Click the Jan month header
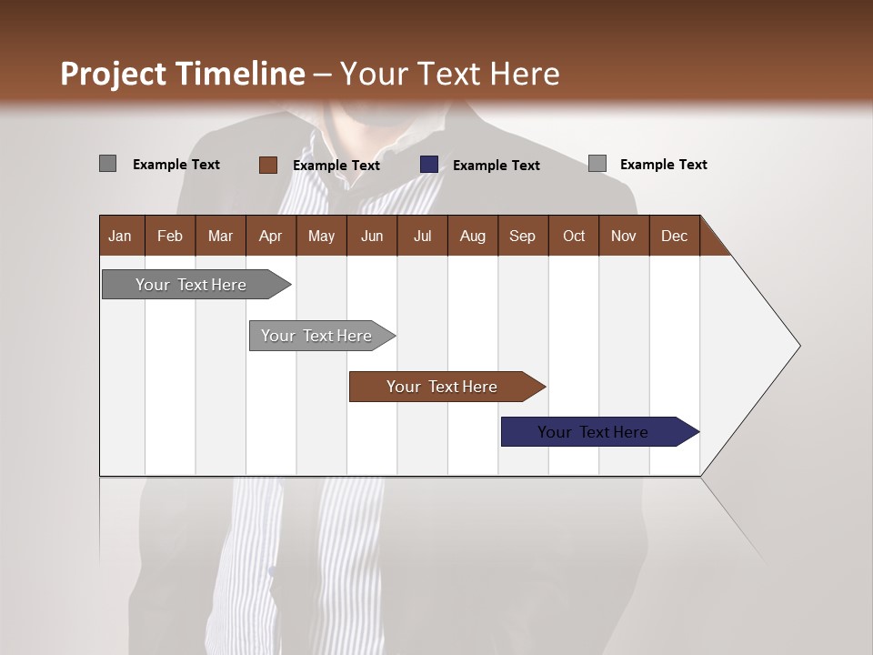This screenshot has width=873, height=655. pyautogui.click(x=120, y=236)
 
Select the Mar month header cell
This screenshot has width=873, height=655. pyautogui.click(x=220, y=236)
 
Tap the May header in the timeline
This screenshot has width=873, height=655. pyautogui.click(x=321, y=236)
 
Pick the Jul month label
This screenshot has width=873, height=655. pyautogui.click(x=422, y=236)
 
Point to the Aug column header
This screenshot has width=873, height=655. pyautogui.click(x=472, y=236)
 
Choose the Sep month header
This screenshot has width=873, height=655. pyautogui.click(x=522, y=236)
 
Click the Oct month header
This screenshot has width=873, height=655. pyautogui.click(x=574, y=236)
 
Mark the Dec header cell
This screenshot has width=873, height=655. pyautogui.click(x=674, y=236)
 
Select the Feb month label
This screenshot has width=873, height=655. pyautogui.click(x=170, y=236)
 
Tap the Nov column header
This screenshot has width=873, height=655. pyautogui.click(x=623, y=236)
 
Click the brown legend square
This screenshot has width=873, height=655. pyautogui.click(x=267, y=165)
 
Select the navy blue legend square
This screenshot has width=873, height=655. pyautogui.click(x=429, y=164)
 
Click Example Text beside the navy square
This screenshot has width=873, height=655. pyautogui.click(x=496, y=166)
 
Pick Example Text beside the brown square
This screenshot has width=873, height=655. pyautogui.click(x=336, y=166)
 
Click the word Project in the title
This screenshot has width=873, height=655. pyautogui.click(x=114, y=74)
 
